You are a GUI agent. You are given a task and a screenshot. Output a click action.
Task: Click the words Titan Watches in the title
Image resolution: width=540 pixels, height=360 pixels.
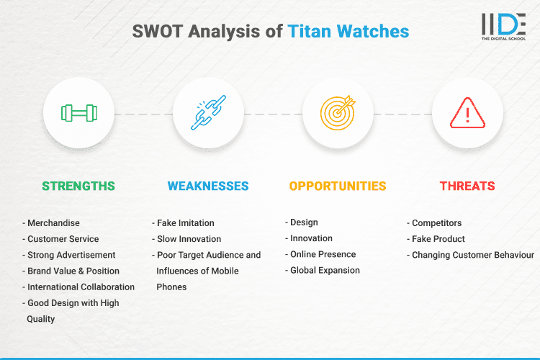348,32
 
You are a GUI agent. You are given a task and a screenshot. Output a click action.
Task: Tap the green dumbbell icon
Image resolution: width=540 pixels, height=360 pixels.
78,113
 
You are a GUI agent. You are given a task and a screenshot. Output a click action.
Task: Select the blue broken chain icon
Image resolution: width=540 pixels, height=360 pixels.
208,113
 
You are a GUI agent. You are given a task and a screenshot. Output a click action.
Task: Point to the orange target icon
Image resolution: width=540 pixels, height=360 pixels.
338,113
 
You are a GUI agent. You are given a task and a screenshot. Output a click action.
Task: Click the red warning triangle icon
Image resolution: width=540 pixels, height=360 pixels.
467,113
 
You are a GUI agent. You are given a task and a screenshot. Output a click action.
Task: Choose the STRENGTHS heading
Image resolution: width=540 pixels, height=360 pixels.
78,186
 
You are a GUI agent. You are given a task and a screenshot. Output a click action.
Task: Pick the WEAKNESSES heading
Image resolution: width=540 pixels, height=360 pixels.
208,186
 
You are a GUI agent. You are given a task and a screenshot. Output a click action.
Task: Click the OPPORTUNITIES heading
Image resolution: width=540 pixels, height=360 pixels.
338,186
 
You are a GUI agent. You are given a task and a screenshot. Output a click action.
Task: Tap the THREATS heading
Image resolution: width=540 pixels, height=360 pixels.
467,186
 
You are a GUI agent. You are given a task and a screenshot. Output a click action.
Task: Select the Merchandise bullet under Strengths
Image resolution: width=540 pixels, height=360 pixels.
53,223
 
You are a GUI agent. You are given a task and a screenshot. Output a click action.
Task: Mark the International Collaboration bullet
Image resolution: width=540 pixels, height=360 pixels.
79,287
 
